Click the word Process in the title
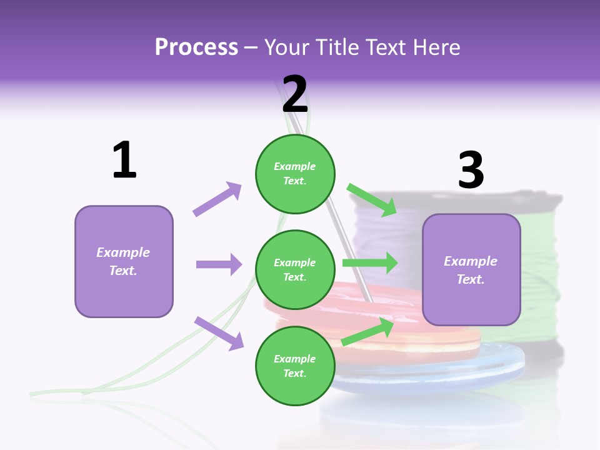196,47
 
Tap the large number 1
124,161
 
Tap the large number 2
295,94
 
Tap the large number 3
471,170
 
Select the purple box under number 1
124,261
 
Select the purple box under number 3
471,270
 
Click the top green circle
295,173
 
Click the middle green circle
295,269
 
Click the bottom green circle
295,366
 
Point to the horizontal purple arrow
219,264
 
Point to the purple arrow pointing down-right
219,332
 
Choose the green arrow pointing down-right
372,200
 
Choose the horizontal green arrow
369,263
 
